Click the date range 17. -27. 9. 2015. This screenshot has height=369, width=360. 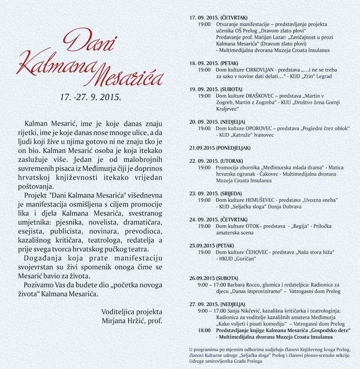tap(90, 97)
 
